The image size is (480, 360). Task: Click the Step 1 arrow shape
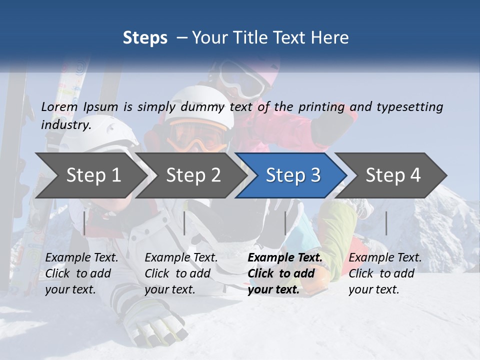[93, 175]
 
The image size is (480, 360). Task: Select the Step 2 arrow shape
[193, 175]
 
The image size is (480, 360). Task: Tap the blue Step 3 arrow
[293, 175]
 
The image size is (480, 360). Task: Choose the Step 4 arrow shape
[393, 175]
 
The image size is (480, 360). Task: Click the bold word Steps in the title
[145, 37]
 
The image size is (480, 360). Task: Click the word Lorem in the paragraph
[59, 107]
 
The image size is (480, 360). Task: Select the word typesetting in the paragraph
[409, 107]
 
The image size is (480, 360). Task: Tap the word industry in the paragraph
[65, 124]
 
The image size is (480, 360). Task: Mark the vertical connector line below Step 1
[84, 223]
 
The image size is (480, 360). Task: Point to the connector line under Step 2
[184, 223]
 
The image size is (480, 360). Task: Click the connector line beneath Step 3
[285, 223]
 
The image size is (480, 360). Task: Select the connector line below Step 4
[386, 223]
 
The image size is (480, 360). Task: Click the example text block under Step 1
[81, 273]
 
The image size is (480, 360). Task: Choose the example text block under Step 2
[181, 273]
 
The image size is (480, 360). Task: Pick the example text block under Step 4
[385, 273]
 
